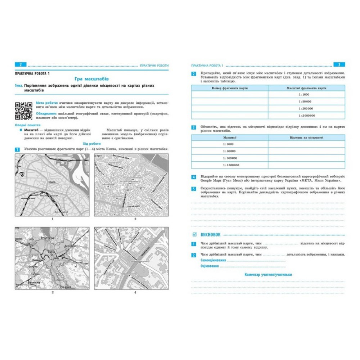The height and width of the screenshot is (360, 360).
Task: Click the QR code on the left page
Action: [23, 111]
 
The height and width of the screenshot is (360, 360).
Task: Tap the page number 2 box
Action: [20, 65]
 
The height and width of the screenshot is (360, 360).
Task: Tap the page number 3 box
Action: [339, 65]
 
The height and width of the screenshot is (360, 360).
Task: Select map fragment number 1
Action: [53, 185]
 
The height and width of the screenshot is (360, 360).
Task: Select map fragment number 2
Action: [131, 185]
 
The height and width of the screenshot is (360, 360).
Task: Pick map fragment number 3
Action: [53, 258]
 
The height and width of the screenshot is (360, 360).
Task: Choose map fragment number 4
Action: [131, 258]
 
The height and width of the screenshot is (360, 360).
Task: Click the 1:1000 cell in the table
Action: [306, 95]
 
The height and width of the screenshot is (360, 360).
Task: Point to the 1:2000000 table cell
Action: [306, 116]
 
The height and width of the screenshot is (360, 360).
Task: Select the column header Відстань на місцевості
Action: [306, 138]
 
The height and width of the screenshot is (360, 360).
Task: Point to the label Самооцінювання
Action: [213, 260]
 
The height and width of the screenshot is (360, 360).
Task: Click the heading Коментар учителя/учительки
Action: [268, 274]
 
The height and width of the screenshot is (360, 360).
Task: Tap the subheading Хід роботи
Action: [91, 143]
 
